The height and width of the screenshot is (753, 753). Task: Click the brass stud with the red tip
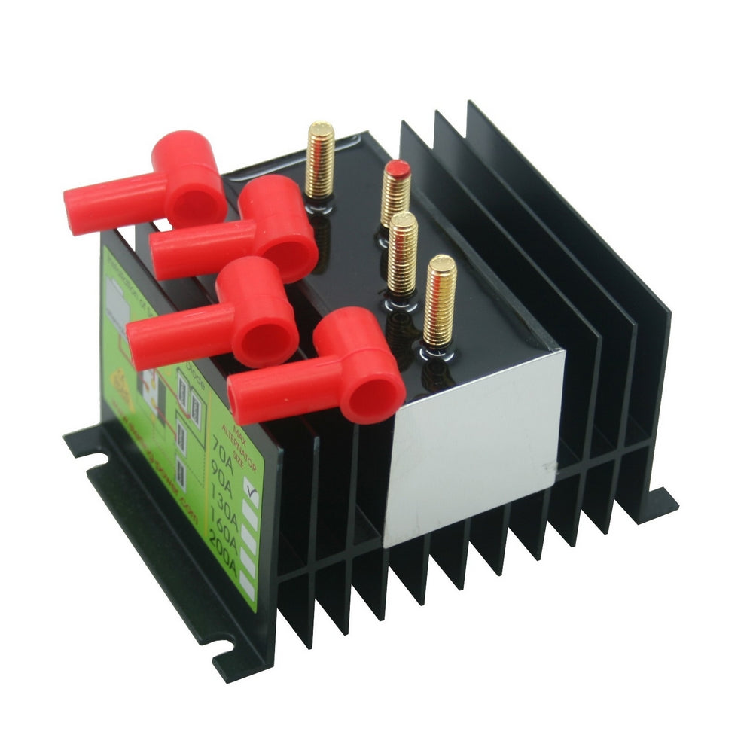pyautogui.click(x=396, y=192)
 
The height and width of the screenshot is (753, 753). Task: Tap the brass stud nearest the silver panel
pyautogui.click(x=439, y=301)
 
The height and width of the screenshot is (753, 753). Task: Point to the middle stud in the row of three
pyautogui.click(x=402, y=252)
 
